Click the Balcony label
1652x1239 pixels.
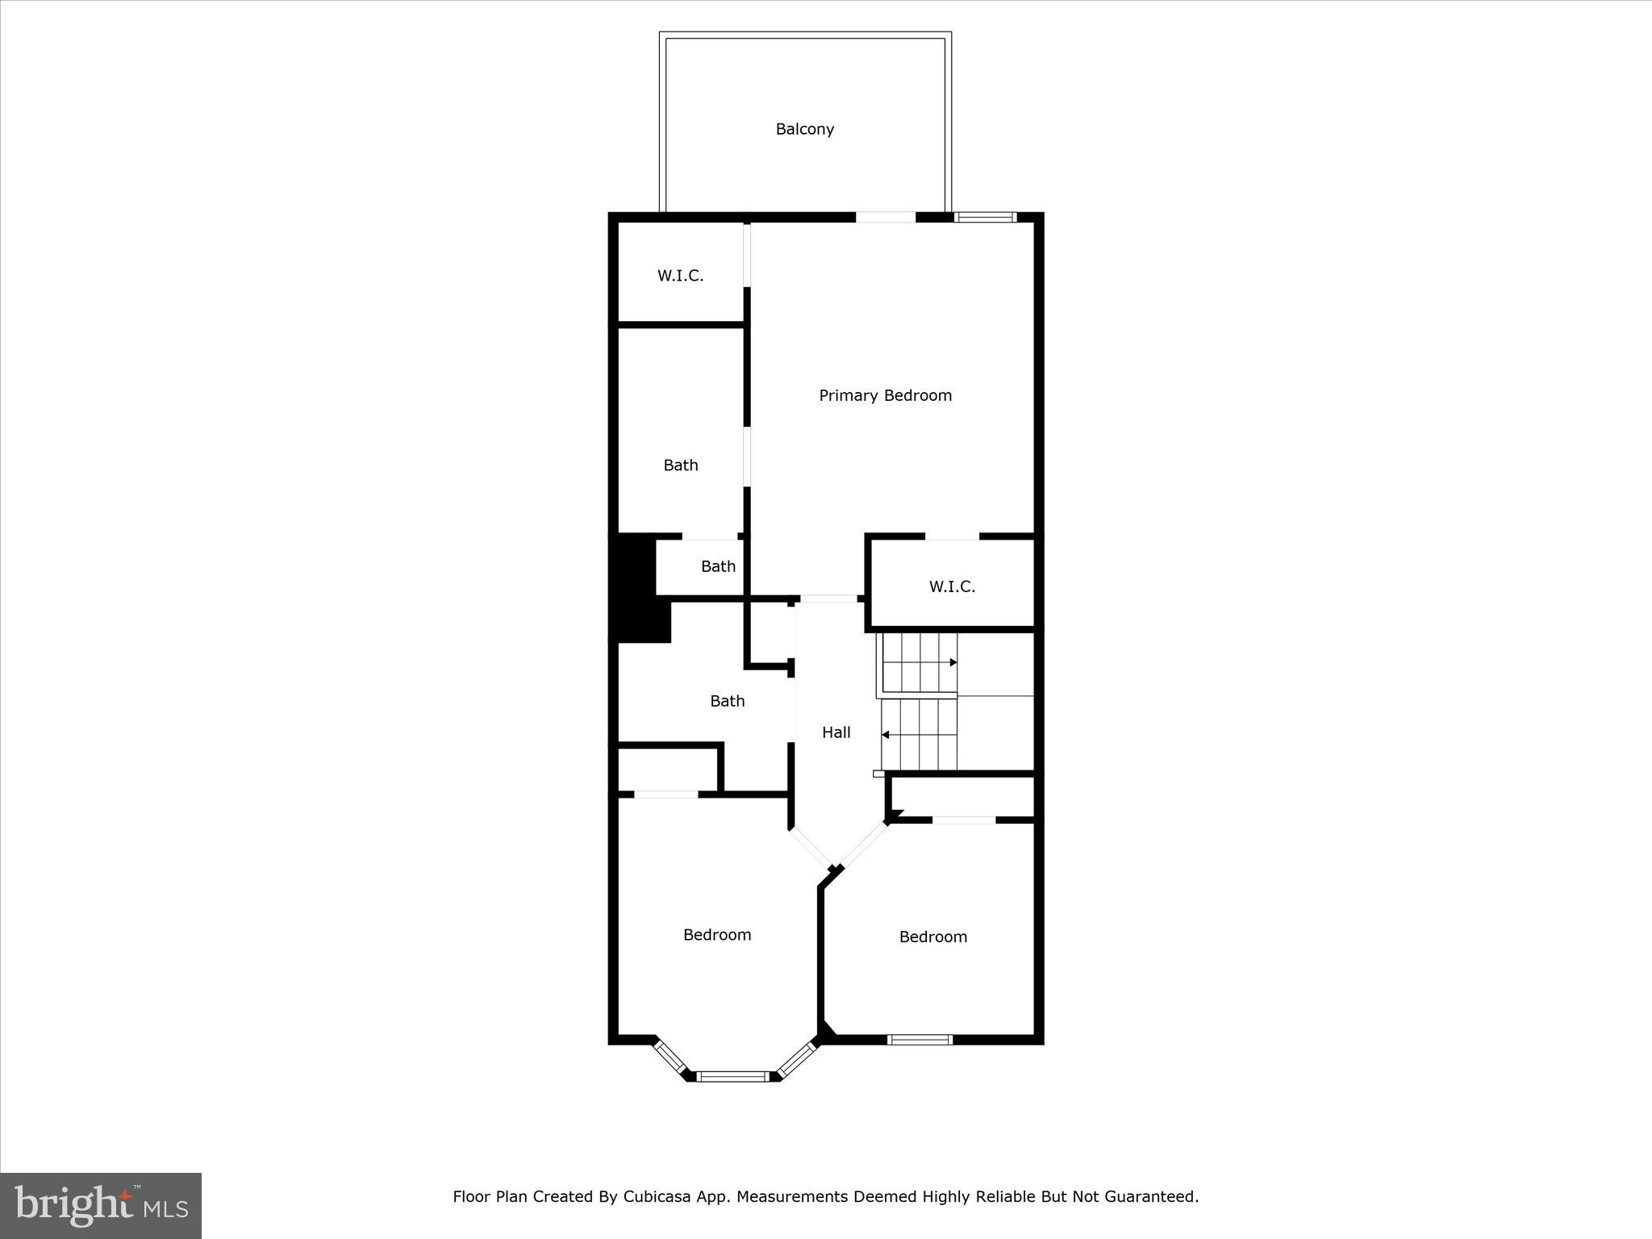[804, 129]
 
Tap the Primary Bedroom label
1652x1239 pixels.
[885, 395]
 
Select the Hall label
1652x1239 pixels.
[836, 732]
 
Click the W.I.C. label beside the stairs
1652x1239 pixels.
[952, 586]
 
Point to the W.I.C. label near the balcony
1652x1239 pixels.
[680, 276]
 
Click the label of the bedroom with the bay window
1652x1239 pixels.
[716, 935]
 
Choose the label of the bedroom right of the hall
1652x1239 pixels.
[932, 937]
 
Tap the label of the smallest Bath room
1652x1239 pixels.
[718, 566]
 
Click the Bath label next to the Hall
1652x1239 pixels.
[727, 701]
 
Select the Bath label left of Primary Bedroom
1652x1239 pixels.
[680, 465]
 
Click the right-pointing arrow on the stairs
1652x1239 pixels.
[953, 662]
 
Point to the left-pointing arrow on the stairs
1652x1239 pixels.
[886, 735]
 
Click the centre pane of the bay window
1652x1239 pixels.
[732, 1075]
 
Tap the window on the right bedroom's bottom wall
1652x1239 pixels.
[920, 1040]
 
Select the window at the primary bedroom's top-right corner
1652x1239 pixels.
[985, 216]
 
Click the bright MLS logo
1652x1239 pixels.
[101, 1205]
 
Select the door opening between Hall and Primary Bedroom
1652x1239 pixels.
[828, 599]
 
